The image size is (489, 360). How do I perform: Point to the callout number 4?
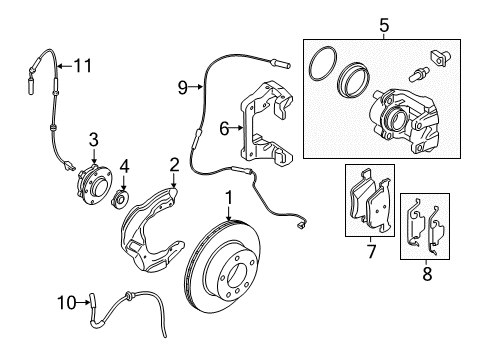click(x=125, y=164)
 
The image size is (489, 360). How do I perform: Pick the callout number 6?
click(x=225, y=129)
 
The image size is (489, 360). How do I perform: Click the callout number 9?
click(x=183, y=88)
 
